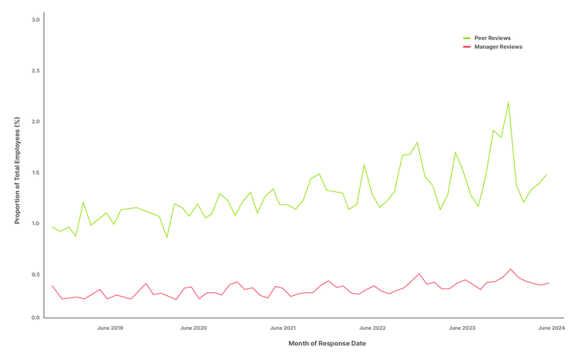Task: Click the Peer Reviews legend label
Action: coord(492,38)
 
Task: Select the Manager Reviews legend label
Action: coord(498,47)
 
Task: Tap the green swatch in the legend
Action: coord(467,38)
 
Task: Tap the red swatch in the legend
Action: coord(467,47)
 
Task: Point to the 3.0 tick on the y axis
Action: coord(35,19)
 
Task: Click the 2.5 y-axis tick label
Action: coord(35,70)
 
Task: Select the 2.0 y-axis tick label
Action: coord(35,121)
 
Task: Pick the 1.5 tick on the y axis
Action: coord(35,172)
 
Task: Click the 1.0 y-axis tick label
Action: coord(35,223)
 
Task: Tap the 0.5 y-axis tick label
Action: coord(35,274)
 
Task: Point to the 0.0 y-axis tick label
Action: coord(35,318)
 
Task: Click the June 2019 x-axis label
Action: coord(110,328)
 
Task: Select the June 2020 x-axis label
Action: coord(193,328)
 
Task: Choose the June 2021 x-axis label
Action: coord(283,328)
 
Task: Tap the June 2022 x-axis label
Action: coord(372,328)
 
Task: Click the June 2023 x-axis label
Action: coord(462,328)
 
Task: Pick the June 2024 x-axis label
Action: coord(552,328)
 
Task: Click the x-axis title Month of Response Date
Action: coord(328,343)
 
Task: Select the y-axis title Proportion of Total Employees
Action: coord(17,170)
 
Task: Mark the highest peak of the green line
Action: coord(509,103)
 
